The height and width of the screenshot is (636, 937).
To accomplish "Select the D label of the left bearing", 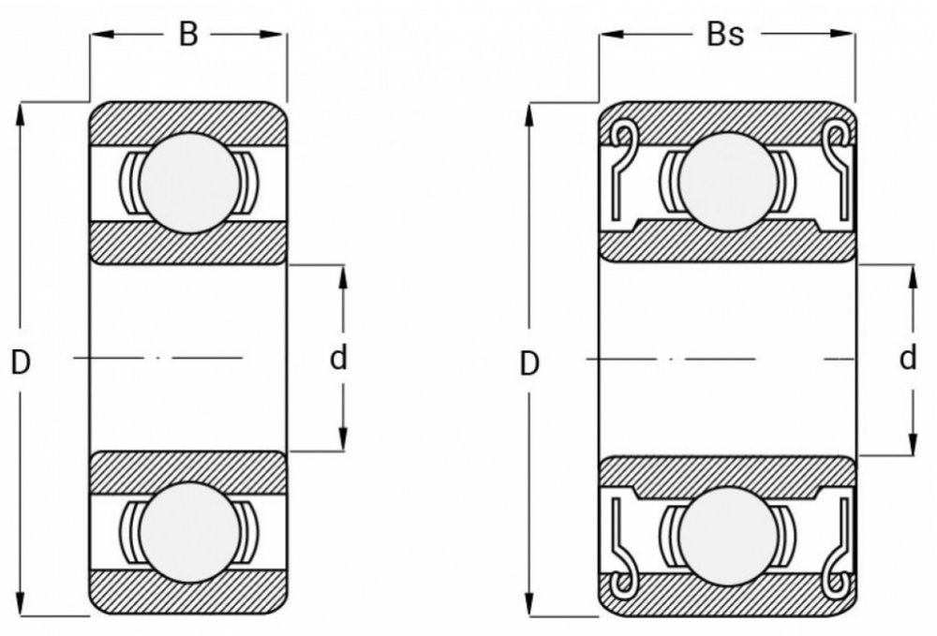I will coord(21,362).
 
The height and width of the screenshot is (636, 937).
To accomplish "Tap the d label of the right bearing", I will coord(907,358).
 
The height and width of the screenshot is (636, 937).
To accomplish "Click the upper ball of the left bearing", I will coord(188,183).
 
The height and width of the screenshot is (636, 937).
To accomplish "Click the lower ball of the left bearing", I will coord(188,531).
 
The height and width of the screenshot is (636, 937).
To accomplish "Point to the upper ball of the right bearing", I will coord(727,181).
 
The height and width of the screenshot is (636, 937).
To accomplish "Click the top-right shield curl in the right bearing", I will coord(833,137).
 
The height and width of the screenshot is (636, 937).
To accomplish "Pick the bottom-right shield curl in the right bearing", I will coord(833,583).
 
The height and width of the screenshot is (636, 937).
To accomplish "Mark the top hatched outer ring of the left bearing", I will coord(187,118).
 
